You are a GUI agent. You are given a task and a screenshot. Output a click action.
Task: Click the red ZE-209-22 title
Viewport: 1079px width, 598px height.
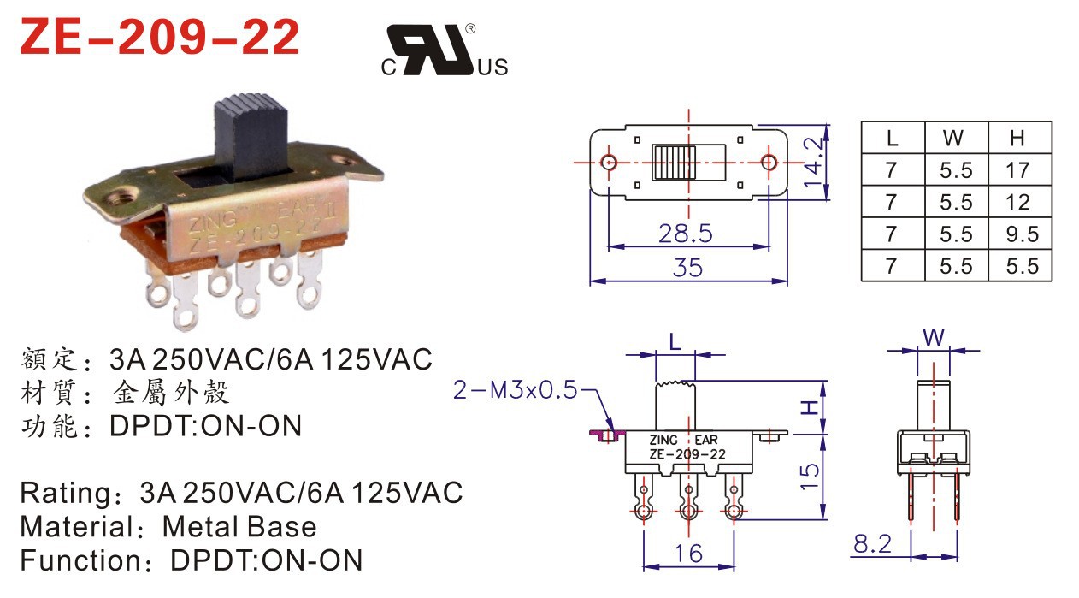tap(159, 38)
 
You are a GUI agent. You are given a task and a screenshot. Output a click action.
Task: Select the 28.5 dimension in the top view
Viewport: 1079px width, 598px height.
tap(685, 232)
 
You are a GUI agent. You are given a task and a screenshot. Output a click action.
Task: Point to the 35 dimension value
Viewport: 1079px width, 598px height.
tap(687, 268)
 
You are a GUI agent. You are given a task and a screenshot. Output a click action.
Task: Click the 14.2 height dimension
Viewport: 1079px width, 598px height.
tap(815, 163)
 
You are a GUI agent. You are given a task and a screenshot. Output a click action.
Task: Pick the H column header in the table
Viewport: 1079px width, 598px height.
tap(1017, 138)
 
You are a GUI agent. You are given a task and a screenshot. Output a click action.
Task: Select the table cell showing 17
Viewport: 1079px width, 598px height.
tap(1017, 169)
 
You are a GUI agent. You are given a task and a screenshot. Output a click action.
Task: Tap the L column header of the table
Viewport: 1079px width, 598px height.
tap(892, 138)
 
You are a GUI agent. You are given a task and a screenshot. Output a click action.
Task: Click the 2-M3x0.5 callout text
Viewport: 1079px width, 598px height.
tap(514, 391)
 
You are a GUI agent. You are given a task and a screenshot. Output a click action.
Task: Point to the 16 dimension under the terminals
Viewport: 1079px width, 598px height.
tap(687, 554)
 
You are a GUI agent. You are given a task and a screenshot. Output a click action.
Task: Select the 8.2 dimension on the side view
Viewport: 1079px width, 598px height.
tap(872, 543)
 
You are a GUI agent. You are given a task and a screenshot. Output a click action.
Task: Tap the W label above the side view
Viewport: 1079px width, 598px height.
tap(934, 338)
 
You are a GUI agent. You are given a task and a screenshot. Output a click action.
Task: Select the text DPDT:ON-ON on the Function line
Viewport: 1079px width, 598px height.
tap(267, 560)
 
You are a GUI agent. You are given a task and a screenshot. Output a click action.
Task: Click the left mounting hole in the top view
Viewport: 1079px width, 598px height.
tap(609, 163)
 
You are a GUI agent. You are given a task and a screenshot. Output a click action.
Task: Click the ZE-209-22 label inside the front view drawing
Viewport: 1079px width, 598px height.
tap(687, 454)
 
